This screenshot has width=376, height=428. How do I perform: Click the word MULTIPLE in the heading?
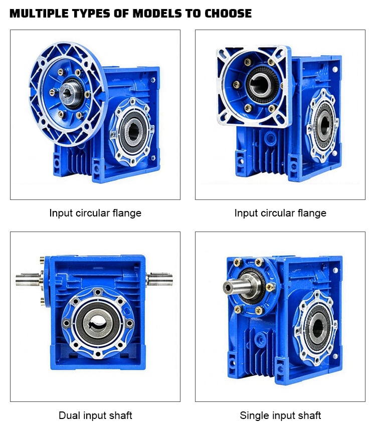pyautogui.click(x=39, y=14)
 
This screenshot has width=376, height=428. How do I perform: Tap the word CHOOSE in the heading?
pyautogui.click(x=228, y=14)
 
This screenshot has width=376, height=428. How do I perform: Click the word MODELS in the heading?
pyautogui.click(x=157, y=14)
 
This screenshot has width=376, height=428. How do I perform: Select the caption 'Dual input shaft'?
pyautogui.click(x=95, y=415)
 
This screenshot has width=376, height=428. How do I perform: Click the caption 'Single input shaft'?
pyautogui.click(x=280, y=415)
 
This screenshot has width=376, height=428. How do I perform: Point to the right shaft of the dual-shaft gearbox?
pyautogui.click(x=160, y=279)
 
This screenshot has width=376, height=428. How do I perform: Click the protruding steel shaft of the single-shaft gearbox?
pyautogui.click(x=237, y=287)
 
